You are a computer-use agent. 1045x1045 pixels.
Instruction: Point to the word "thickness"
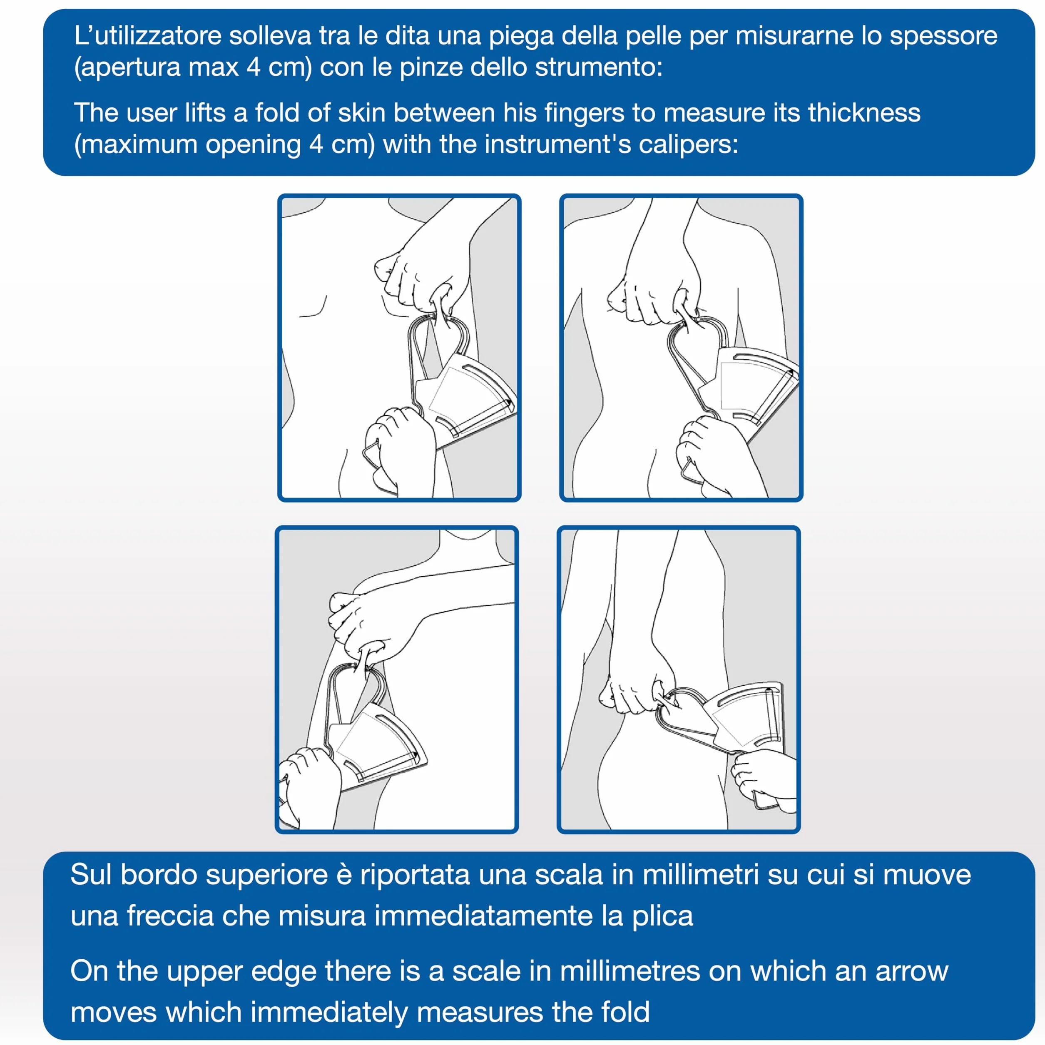(864, 113)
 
